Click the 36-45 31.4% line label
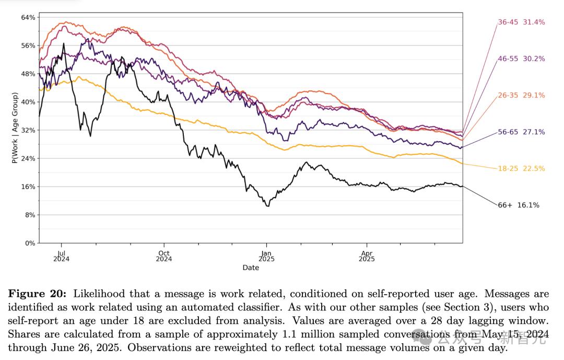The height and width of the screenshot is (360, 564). coord(521,22)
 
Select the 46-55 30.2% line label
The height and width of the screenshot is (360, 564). coord(521,59)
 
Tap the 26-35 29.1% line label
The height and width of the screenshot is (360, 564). coord(521,96)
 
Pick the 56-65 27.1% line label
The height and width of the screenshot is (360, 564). coord(521,132)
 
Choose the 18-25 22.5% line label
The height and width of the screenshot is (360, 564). coord(521,169)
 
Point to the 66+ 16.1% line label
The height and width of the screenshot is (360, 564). coord(519,205)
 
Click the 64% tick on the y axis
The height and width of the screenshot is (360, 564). coord(28,17)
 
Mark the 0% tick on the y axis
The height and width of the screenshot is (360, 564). coord(30,243)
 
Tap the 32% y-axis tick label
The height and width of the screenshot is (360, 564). coord(28,130)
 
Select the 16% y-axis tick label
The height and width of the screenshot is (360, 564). coord(28,187)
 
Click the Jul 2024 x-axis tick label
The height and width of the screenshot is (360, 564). coord(61,255)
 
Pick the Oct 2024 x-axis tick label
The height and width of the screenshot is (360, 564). coord(163,255)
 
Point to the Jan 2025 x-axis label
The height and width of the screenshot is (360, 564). coord(266,255)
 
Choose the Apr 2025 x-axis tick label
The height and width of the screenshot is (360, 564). coord(367,255)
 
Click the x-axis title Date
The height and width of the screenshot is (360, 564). coord(251,268)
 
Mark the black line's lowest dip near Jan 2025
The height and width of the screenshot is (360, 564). coord(268,206)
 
